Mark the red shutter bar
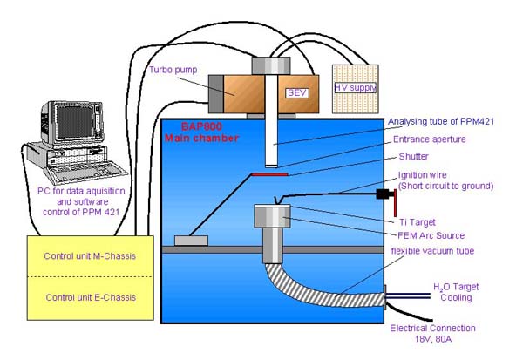(x=266, y=175)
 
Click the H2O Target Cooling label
(x=456, y=292)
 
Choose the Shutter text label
(x=415, y=157)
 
